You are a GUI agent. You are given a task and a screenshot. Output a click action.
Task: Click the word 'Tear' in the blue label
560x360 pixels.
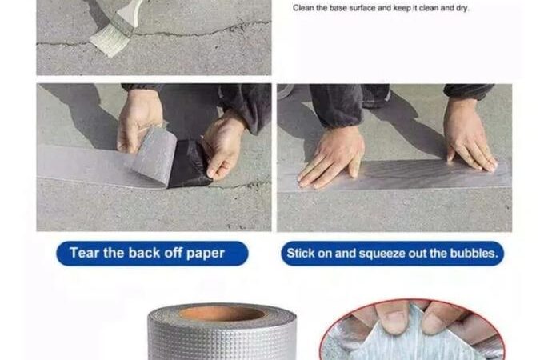(84, 253)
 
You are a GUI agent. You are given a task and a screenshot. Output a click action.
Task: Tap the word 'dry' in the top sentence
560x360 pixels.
(462, 8)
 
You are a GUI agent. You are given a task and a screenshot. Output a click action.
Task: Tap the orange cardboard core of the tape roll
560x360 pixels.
(222, 314)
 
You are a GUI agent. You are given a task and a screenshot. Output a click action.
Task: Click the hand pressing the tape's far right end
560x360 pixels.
(469, 136)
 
